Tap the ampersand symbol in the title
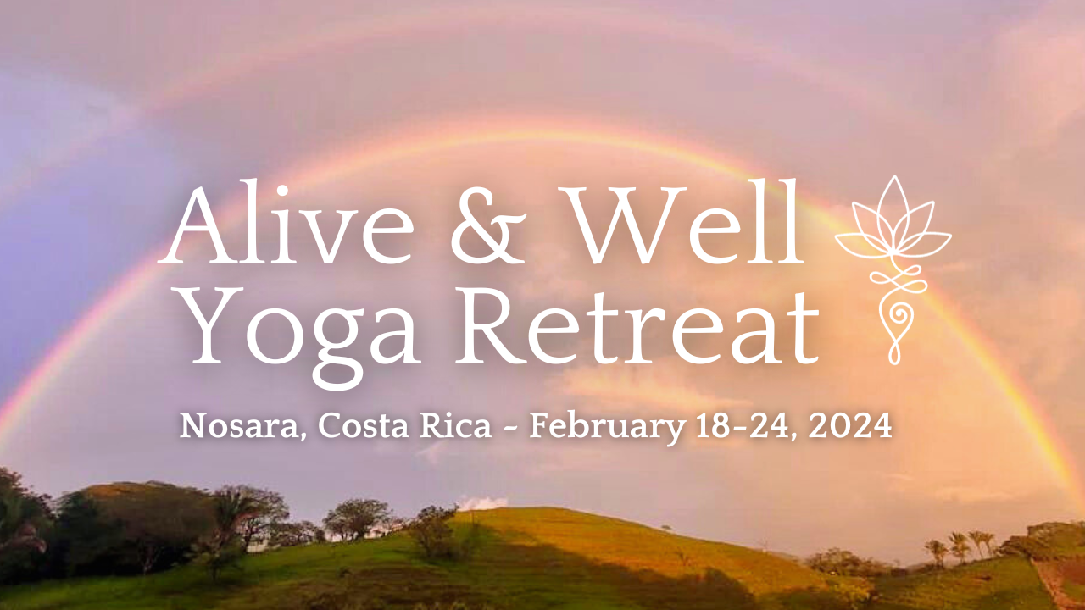(488, 225)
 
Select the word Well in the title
(680, 222)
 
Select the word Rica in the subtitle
(455, 426)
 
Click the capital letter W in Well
(622, 225)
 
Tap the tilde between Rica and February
(511, 428)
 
